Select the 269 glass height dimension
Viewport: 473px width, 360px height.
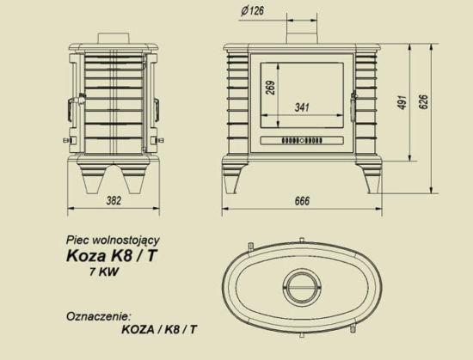pyautogui.click(x=269, y=88)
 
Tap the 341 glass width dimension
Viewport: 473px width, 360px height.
pyautogui.click(x=300, y=108)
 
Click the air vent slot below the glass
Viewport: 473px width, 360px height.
pyautogui.click(x=301, y=139)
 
